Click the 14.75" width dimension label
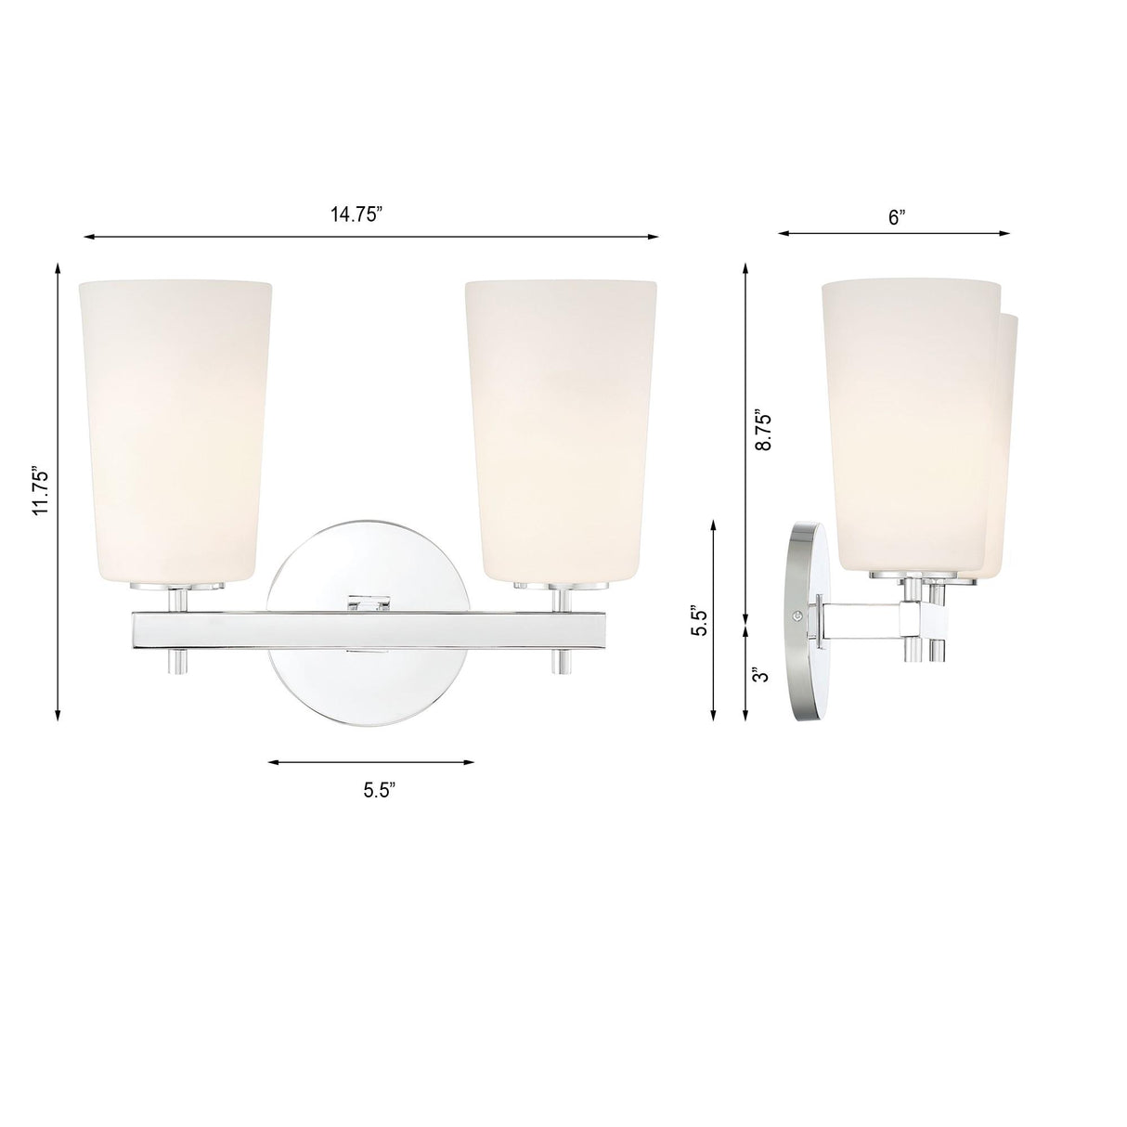356,214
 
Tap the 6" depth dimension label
896,217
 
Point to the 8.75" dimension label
763,429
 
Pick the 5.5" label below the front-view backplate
380,791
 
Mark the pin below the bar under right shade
561,661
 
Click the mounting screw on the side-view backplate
797,615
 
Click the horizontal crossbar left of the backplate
200,629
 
